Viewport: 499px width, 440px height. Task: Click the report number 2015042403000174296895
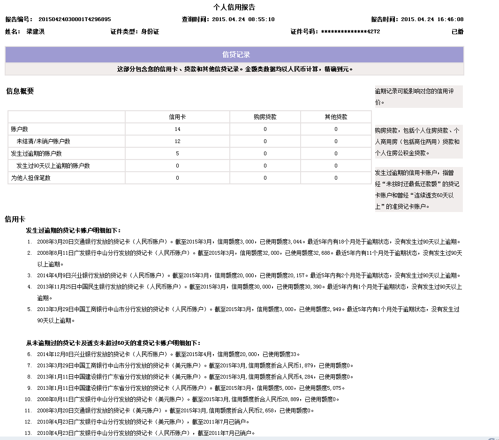pos(74,20)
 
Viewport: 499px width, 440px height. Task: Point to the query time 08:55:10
pos(261,20)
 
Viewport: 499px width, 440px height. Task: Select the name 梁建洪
pos(36,32)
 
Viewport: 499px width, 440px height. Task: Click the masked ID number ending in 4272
pos(350,32)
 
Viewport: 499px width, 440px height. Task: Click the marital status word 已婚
pos(457,32)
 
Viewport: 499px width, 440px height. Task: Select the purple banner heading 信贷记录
pos(236,55)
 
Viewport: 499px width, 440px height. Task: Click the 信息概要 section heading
pos(20,91)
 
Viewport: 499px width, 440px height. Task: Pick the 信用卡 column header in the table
pos(177,117)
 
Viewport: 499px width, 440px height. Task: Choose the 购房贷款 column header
pos(265,117)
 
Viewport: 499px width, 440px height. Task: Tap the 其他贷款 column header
pos(336,117)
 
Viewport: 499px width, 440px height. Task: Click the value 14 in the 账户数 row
pos(177,129)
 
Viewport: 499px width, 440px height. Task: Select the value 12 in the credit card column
pos(177,141)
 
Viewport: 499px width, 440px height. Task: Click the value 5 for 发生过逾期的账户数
pos(177,153)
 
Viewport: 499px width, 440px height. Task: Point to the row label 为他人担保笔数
pos(30,178)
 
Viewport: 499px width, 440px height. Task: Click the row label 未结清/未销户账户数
pos(43,141)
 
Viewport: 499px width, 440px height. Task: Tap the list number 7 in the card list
pos(29,365)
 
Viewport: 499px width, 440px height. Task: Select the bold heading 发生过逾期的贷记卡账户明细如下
pos(73,230)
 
